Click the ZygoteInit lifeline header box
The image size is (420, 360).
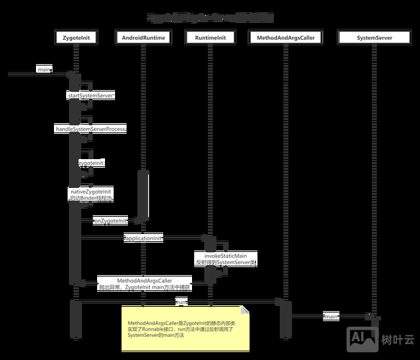pos(76,37)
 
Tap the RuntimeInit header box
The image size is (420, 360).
pos(211,37)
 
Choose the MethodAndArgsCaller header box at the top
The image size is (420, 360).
pos(286,37)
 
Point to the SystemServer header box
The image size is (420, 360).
pos(373,37)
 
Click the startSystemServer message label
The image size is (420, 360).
pos(91,95)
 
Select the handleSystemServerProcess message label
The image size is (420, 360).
pos(91,129)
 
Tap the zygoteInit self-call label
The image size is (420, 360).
pos(91,163)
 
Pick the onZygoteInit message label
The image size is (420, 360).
pos(109,220)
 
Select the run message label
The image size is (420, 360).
pos(181,302)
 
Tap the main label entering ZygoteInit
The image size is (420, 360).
pos(44,69)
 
